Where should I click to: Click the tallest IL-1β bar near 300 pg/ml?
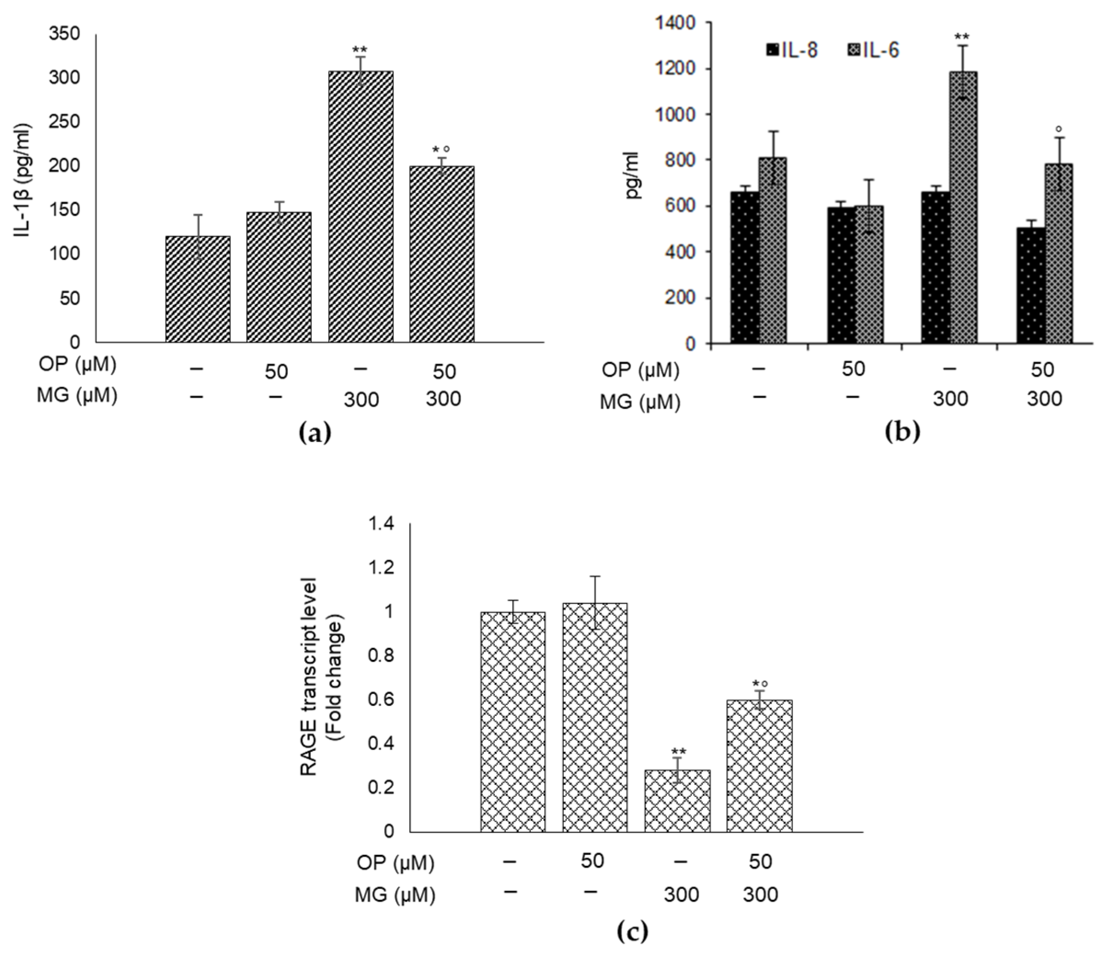click(x=360, y=207)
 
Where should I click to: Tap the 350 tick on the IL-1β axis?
click(x=64, y=34)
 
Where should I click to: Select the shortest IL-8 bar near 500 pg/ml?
click(x=1031, y=285)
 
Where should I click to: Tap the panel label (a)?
click(x=314, y=432)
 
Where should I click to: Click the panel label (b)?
click(x=902, y=432)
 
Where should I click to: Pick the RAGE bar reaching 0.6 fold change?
click(x=759, y=766)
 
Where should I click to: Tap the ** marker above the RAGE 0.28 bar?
click(x=679, y=751)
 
